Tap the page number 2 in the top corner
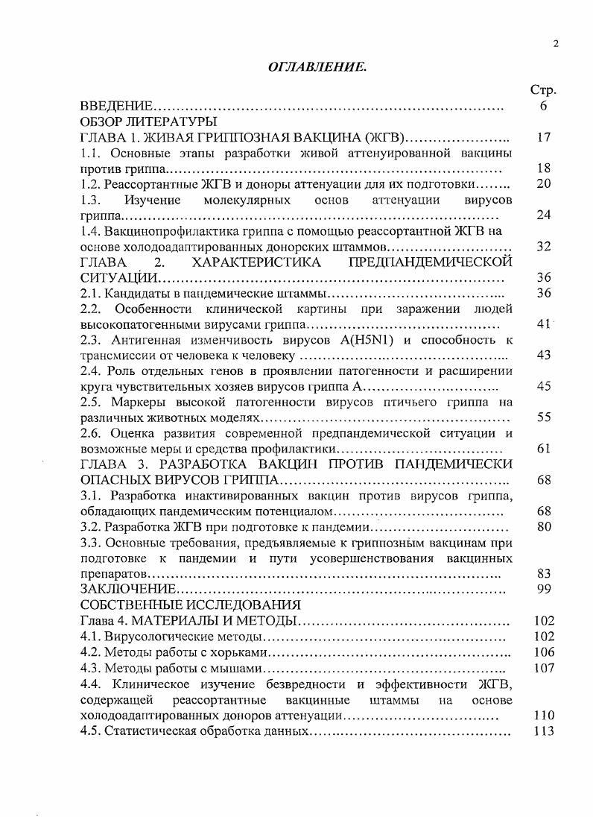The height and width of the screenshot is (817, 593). click(555, 44)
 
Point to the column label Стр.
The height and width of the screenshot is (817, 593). click(543, 89)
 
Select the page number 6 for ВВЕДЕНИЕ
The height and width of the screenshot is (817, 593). click(544, 106)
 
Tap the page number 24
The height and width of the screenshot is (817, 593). click(543, 215)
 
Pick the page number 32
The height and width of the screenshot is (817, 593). click(543, 247)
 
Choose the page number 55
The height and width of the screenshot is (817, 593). click(543, 417)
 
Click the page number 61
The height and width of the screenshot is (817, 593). click(543, 449)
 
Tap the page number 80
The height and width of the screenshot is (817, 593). click(543, 527)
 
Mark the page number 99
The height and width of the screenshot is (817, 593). click(543, 590)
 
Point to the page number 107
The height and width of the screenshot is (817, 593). click(545, 668)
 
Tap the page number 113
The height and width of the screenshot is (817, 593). click(545, 731)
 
